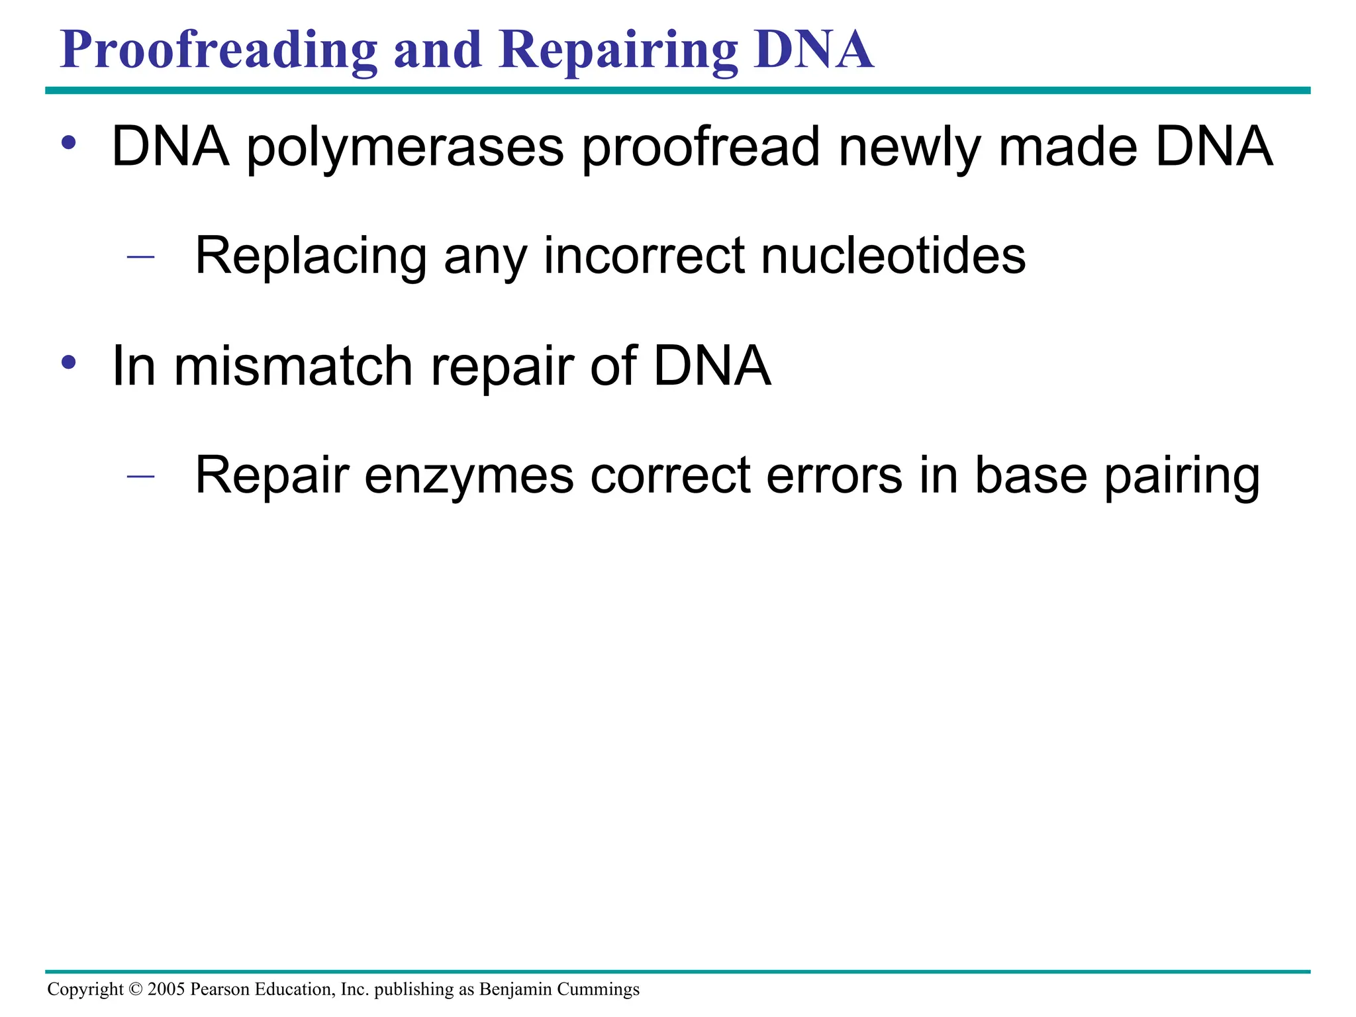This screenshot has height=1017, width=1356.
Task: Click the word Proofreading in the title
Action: pos(218,50)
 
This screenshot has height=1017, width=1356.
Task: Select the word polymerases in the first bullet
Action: pos(405,147)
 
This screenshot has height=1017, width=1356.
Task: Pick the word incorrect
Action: pos(644,256)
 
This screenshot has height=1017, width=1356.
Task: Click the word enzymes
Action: pos(469,476)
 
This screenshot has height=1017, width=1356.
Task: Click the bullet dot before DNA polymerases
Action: pos(69,142)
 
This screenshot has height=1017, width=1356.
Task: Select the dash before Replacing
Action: pos(140,257)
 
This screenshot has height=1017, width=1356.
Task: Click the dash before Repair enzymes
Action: pos(140,476)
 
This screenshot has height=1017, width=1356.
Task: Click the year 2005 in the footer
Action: pos(166,989)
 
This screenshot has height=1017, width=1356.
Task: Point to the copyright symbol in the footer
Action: pos(136,989)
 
